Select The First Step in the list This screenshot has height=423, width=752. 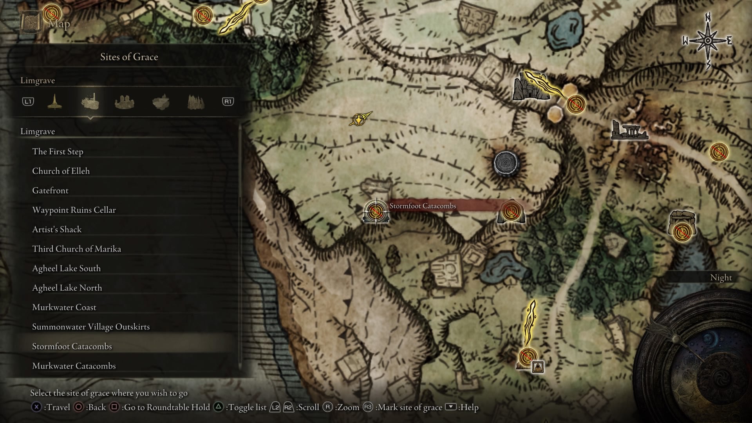pyautogui.click(x=58, y=152)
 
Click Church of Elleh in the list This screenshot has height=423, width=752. pyautogui.click(x=61, y=171)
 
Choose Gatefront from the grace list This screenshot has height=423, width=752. pyautogui.click(x=50, y=191)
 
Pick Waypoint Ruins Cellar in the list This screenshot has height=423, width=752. pyautogui.click(x=74, y=210)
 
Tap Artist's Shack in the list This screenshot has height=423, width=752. pyautogui.click(x=57, y=230)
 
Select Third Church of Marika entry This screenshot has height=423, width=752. pyautogui.click(x=76, y=249)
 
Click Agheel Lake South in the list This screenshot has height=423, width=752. pyautogui.click(x=66, y=269)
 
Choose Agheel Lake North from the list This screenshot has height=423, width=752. pyautogui.click(x=67, y=288)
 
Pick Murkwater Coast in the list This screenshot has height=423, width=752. pyautogui.click(x=64, y=307)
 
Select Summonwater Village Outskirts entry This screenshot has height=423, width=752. pyautogui.click(x=91, y=327)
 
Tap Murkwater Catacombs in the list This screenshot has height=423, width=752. pyautogui.click(x=74, y=366)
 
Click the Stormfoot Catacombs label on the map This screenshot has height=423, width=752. pyautogui.click(x=423, y=206)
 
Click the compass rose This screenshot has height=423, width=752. pyautogui.click(x=708, y=41)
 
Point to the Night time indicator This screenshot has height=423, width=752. pyautogui.click(x=721, y=278)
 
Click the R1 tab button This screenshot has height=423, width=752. pyautogui.click(x=228, y=102)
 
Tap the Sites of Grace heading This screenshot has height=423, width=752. pyautogui.click(x=129, y=57)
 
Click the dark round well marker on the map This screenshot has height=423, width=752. pyautogui.click(x=506, y=163)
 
